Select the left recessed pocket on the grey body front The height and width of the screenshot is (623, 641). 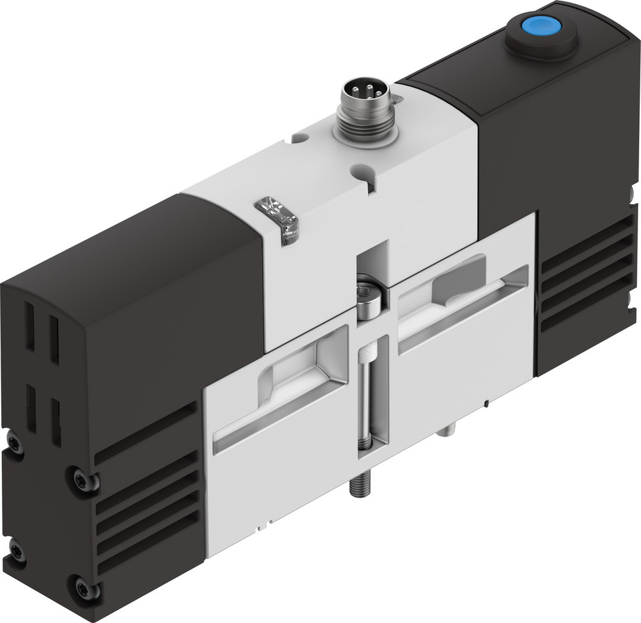click(282, 391)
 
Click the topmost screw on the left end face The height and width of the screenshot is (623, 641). click(13, 442)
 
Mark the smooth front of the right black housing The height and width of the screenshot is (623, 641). click(506, 160)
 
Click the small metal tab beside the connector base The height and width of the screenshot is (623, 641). click(397, 99)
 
